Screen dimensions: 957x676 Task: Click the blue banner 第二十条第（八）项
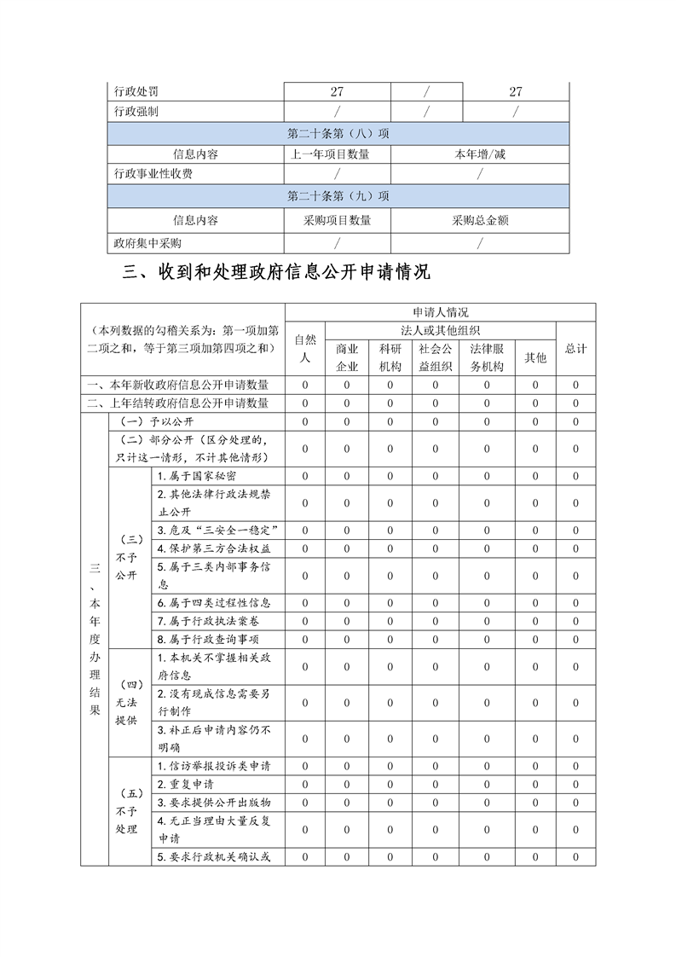(x=338, y=133)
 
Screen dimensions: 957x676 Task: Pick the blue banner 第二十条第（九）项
(x=338, y=196)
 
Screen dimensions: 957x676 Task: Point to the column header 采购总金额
(x=480, y=220)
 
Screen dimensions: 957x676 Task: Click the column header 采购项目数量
(x=338, y=220)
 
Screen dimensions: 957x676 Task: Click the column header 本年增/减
(x=480, y=154)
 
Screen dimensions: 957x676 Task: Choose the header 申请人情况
(x=440, y=312)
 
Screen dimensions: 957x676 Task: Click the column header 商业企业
(x=347, y=357)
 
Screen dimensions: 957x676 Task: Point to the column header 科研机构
(x=390, y=357)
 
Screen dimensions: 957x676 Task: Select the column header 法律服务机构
(x=487, y=357)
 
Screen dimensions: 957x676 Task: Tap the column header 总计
(x=575, y=348)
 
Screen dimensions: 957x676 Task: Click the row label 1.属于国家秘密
(x=198, y=475)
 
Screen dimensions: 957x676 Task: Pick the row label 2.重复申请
(x=186, y=784)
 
